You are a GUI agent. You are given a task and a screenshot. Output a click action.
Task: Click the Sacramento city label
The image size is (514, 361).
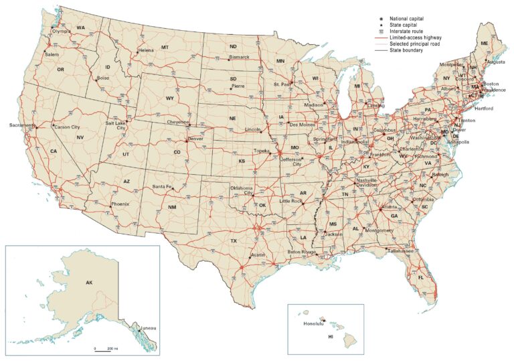pyautogui.click(x=21, y=125)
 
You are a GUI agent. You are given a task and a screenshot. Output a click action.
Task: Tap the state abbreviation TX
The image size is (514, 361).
pyautogui.click(x=234, y=240)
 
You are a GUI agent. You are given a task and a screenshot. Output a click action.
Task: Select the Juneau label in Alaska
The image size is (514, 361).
pyautogui.click(x=148, y=328)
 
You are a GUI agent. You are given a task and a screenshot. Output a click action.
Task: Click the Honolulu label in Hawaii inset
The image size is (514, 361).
pyautogui.click(x=313, y=323)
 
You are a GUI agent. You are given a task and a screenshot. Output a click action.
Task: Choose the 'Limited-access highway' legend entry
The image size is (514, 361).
pyautogui.click(x=415, y=38)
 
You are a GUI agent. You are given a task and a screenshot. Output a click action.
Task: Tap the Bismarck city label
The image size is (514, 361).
pyautogui.click(x=239, y=57)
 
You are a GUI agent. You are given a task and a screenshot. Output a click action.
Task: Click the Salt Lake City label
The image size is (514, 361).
pyautogui.click(x=116, y=125)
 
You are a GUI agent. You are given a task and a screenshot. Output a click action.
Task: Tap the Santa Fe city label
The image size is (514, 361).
pyautogui.click(x=162, y=186)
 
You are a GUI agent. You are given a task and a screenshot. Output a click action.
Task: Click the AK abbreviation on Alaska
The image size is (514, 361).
pyautogui.click(x=89, y=283)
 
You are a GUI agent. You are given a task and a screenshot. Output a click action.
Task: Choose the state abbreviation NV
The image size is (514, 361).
pyautogui.click(x=80, y=137)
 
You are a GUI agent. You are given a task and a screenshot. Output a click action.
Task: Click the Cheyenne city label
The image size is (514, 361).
pyautogui.click(x=178, y=122)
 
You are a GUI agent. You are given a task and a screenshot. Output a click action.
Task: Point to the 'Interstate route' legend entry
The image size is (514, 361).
pyautogui.click(x=408, y=31)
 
